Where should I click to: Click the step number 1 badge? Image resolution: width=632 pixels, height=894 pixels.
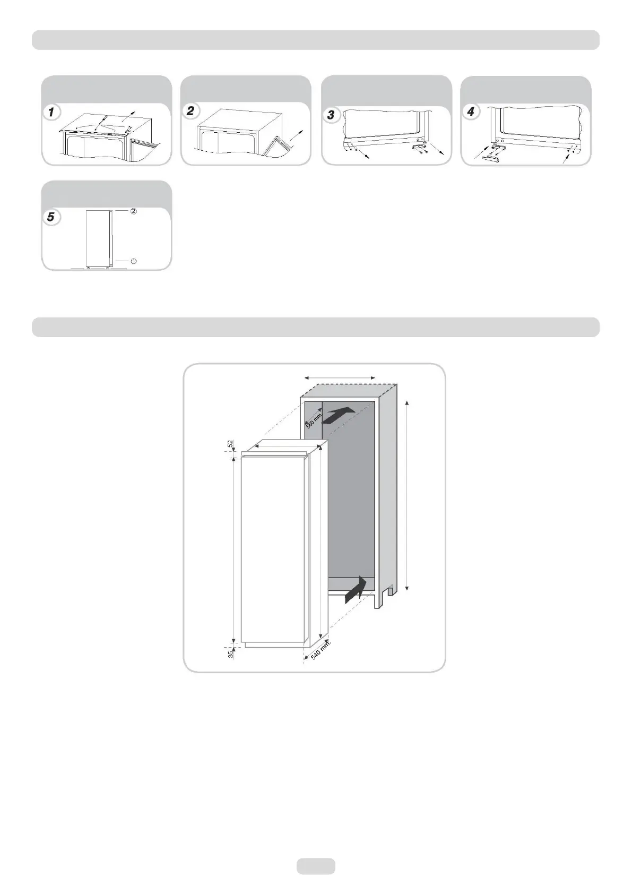(x=51, y=113)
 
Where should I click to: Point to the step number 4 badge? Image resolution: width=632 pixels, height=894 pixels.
(x=470, y=112)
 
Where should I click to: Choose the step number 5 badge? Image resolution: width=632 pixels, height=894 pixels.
(x=51, y=217)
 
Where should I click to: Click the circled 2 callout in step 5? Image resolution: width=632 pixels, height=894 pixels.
(x=134, y=211)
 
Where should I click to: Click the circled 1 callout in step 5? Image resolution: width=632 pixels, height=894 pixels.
(x=134, y=261)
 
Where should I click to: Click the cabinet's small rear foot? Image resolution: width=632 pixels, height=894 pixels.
(x=391, y=590)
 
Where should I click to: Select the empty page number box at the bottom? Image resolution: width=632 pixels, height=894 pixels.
(x=316, y=866)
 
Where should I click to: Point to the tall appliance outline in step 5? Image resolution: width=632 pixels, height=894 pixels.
(x=98, y=237)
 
